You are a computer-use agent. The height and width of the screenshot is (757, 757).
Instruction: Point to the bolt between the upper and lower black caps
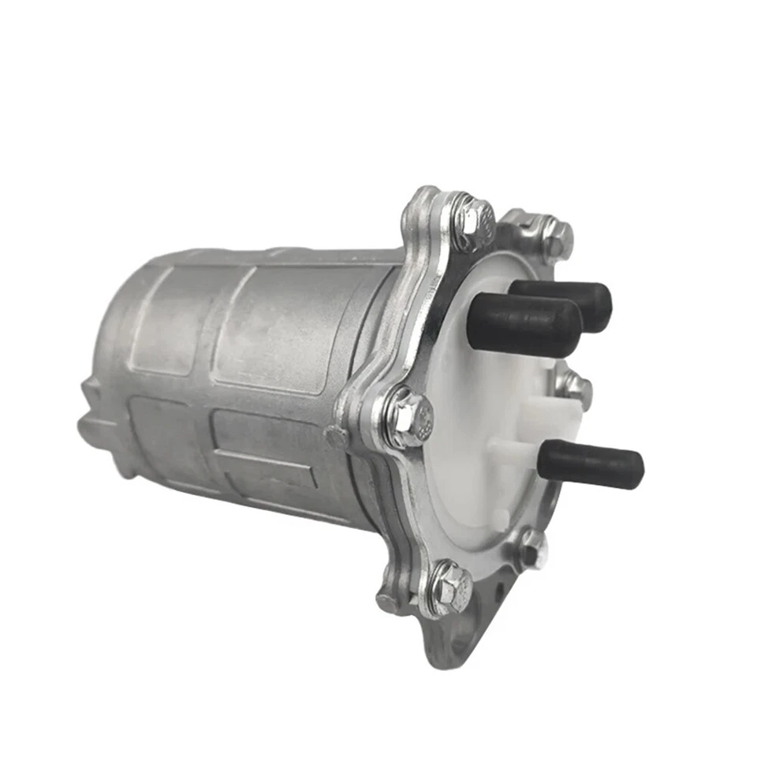click(x=574, y=387)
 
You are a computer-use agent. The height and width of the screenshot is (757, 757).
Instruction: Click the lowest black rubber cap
click(x=591, y=463)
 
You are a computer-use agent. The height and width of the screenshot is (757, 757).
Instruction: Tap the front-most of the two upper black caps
click(x=524, y=323)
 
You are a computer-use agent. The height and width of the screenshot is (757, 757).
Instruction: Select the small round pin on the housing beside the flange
click(x=335, y=436)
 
